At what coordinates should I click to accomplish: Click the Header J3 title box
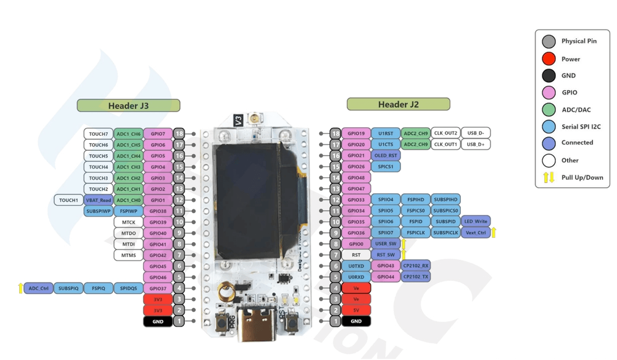(128, 106)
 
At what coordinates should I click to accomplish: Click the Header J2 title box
(398, 104)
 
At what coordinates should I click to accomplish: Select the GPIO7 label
(157, 134)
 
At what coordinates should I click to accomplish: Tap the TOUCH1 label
(68, 200)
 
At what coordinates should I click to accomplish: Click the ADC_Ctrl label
(38, 288)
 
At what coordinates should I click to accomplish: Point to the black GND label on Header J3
(157, 322)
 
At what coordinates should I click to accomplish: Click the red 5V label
(356, 311)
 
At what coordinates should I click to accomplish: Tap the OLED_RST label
(386, 156)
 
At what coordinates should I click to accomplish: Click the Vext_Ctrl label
(475, 233)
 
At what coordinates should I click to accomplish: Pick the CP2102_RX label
(416, 266)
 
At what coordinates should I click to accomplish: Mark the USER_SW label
(386, 244)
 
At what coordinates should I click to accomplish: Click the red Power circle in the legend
(548, 59)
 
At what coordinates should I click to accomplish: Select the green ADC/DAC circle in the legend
(548, 109)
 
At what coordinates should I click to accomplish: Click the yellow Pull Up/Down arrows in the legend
(548, 177)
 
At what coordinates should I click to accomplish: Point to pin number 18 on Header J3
(179, 134)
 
